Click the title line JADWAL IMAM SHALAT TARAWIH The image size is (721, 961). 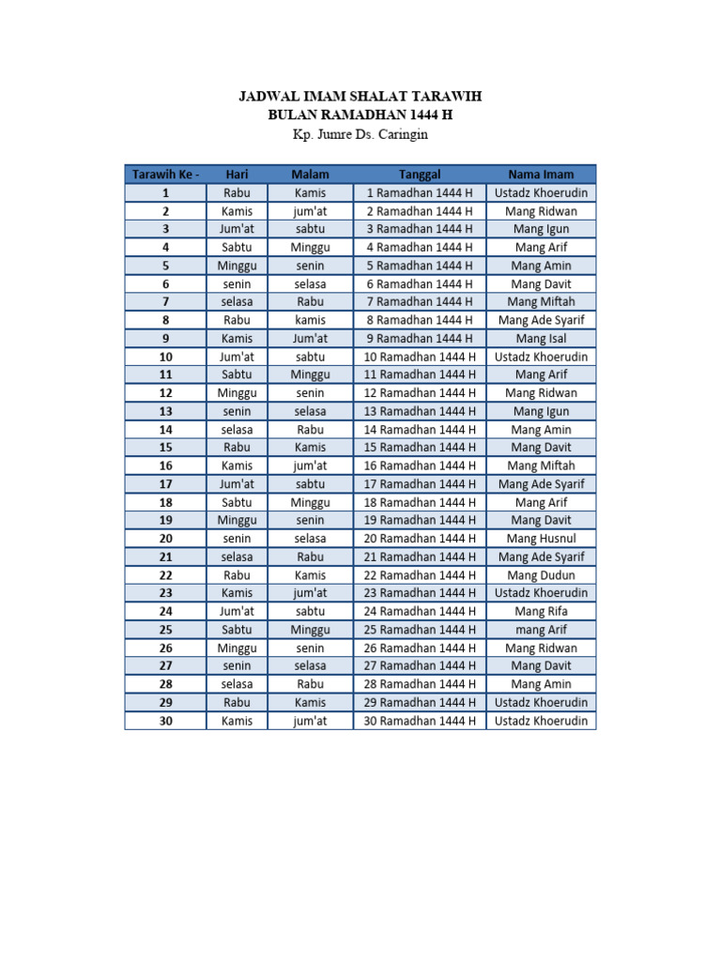coord(360,97)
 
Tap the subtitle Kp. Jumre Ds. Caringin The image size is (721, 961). coord(360,134)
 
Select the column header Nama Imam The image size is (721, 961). coord(541,175)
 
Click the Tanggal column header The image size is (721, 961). coord(420,175)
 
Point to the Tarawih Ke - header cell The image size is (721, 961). coord(165,175)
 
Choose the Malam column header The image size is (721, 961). coord(310,175)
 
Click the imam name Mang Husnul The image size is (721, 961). coord(541,539)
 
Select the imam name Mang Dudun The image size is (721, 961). coord(541,575)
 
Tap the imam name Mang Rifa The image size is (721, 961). coord(541,611)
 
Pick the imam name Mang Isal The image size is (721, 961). coord(541,339)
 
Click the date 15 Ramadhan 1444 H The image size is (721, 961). coord(420,448)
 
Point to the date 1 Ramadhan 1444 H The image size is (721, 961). coord(420,193)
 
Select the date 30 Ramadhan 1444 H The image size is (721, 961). coord(420,721)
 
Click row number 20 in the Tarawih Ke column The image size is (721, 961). coord(165,539)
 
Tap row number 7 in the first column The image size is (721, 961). coord(165,302)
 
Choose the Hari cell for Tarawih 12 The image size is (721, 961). coord(237,393)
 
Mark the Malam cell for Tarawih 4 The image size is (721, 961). coord(310,248)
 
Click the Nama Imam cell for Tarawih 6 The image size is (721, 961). coord(541,284)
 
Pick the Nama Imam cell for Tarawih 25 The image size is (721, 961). coord(541,630)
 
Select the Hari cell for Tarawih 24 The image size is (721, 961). coord(237,611)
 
